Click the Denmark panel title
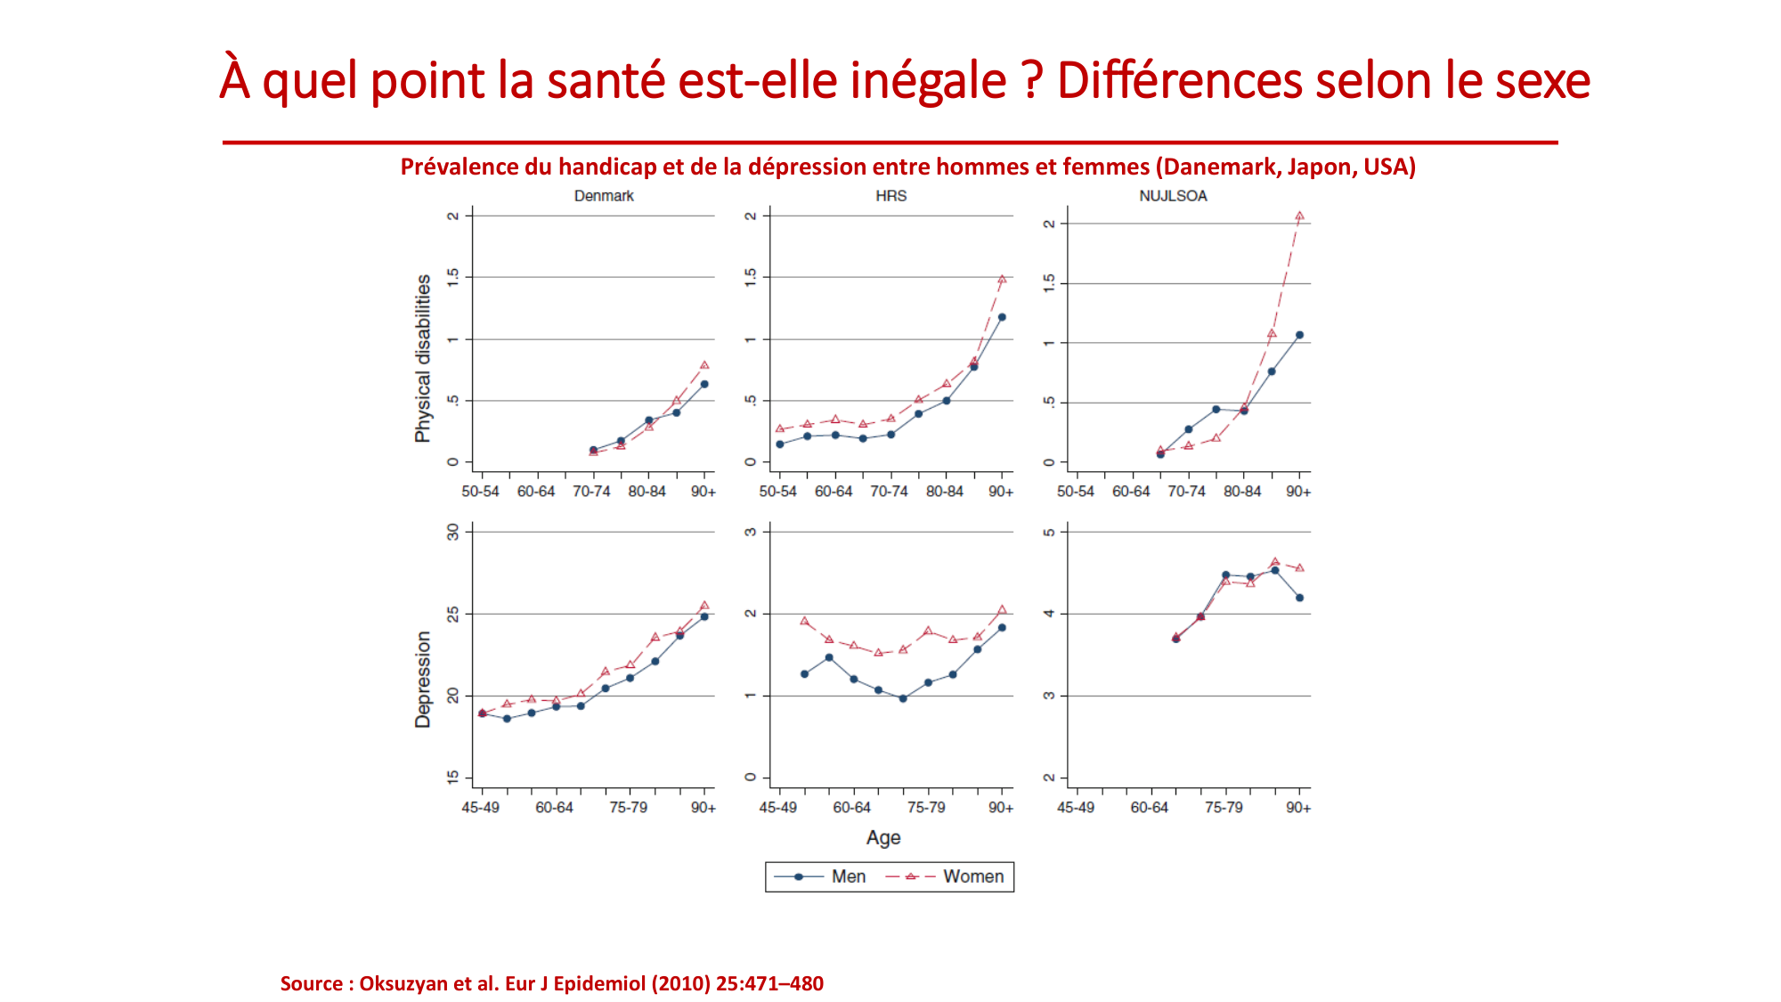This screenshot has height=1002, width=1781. [604, 196]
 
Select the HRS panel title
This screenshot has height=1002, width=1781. [890, 196]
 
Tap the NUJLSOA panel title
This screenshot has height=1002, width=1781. [1173, 196]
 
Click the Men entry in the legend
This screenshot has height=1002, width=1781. [848, 876]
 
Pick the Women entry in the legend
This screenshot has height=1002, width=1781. [972, 876]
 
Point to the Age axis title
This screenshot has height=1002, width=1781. [883, 837]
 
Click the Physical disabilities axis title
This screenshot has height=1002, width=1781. [423, 358]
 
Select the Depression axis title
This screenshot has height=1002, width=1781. [423, 680]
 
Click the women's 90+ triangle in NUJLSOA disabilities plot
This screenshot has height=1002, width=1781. [1299, 216]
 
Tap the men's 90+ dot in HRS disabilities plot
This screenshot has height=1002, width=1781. [1002, 317]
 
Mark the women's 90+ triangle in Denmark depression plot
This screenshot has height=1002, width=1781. [704, 606]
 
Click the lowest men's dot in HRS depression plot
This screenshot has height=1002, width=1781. [903, 699]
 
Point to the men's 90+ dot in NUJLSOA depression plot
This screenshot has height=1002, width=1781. [1299, 598]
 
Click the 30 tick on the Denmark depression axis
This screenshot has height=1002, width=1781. [454, 532]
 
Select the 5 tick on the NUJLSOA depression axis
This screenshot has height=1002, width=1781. [1050, 532]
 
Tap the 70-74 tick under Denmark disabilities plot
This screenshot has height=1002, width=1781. [591, 492]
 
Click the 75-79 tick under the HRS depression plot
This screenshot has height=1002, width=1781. [926, 808]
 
